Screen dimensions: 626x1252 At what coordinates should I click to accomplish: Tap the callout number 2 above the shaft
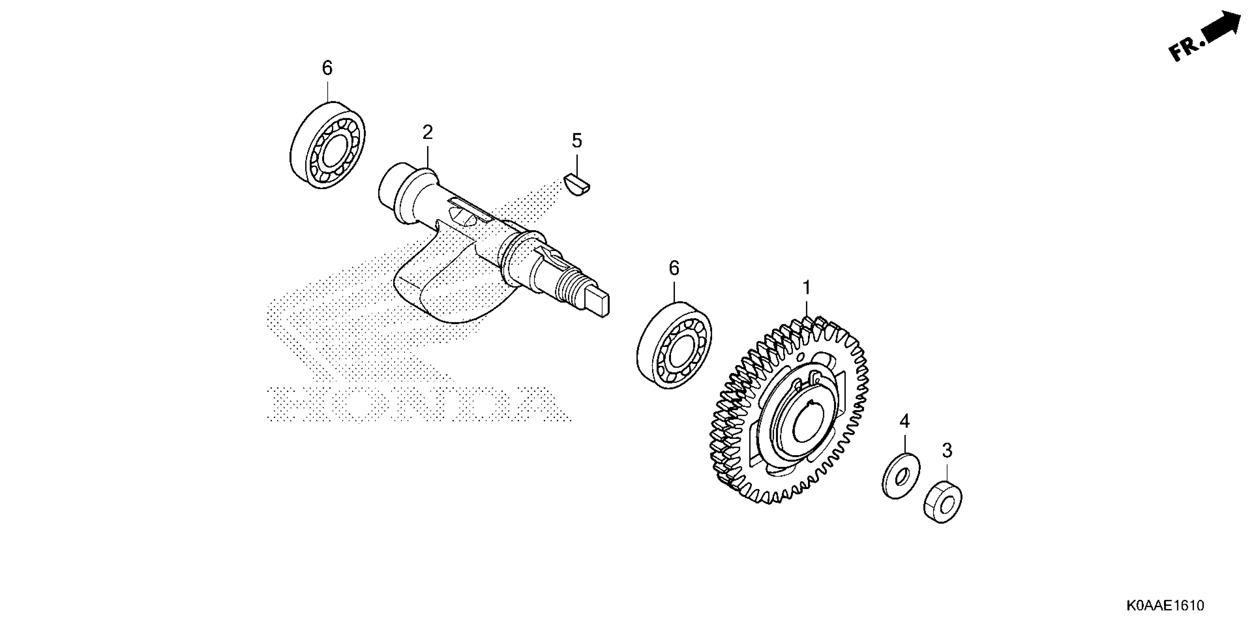click(x=427, y=132)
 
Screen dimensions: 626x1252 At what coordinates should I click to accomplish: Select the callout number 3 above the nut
click(x=947, y=451)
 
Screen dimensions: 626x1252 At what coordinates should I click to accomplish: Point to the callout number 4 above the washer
click(x=904, y=421)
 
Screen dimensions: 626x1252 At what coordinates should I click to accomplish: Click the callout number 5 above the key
click(x=576, y=141)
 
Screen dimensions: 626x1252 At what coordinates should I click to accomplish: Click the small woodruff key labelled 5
click(x=577, y=185)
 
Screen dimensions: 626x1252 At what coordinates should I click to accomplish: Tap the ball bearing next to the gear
click(x=674, y=345)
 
